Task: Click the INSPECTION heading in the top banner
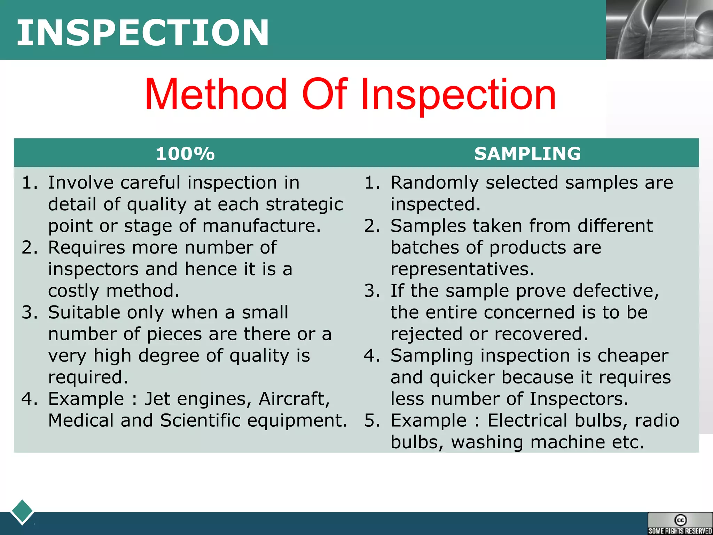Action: point(143,32)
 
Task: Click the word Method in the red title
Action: point(216,95)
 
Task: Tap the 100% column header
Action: point(185,154)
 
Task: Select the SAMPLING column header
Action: point(527,154)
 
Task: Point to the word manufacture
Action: point(261,226)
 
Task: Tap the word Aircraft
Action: point(294,399)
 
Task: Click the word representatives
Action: point(462,269)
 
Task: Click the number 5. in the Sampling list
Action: point(372,420)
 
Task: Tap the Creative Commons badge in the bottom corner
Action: point(680,523)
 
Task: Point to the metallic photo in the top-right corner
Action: point(659,30)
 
